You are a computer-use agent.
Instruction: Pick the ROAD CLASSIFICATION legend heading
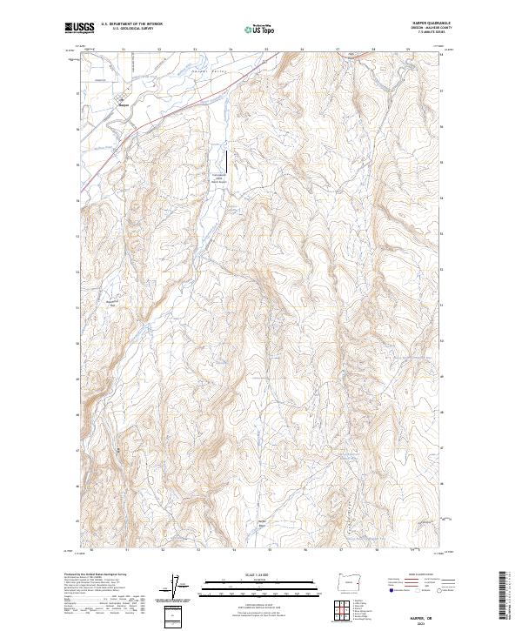click(x=416, y=575)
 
